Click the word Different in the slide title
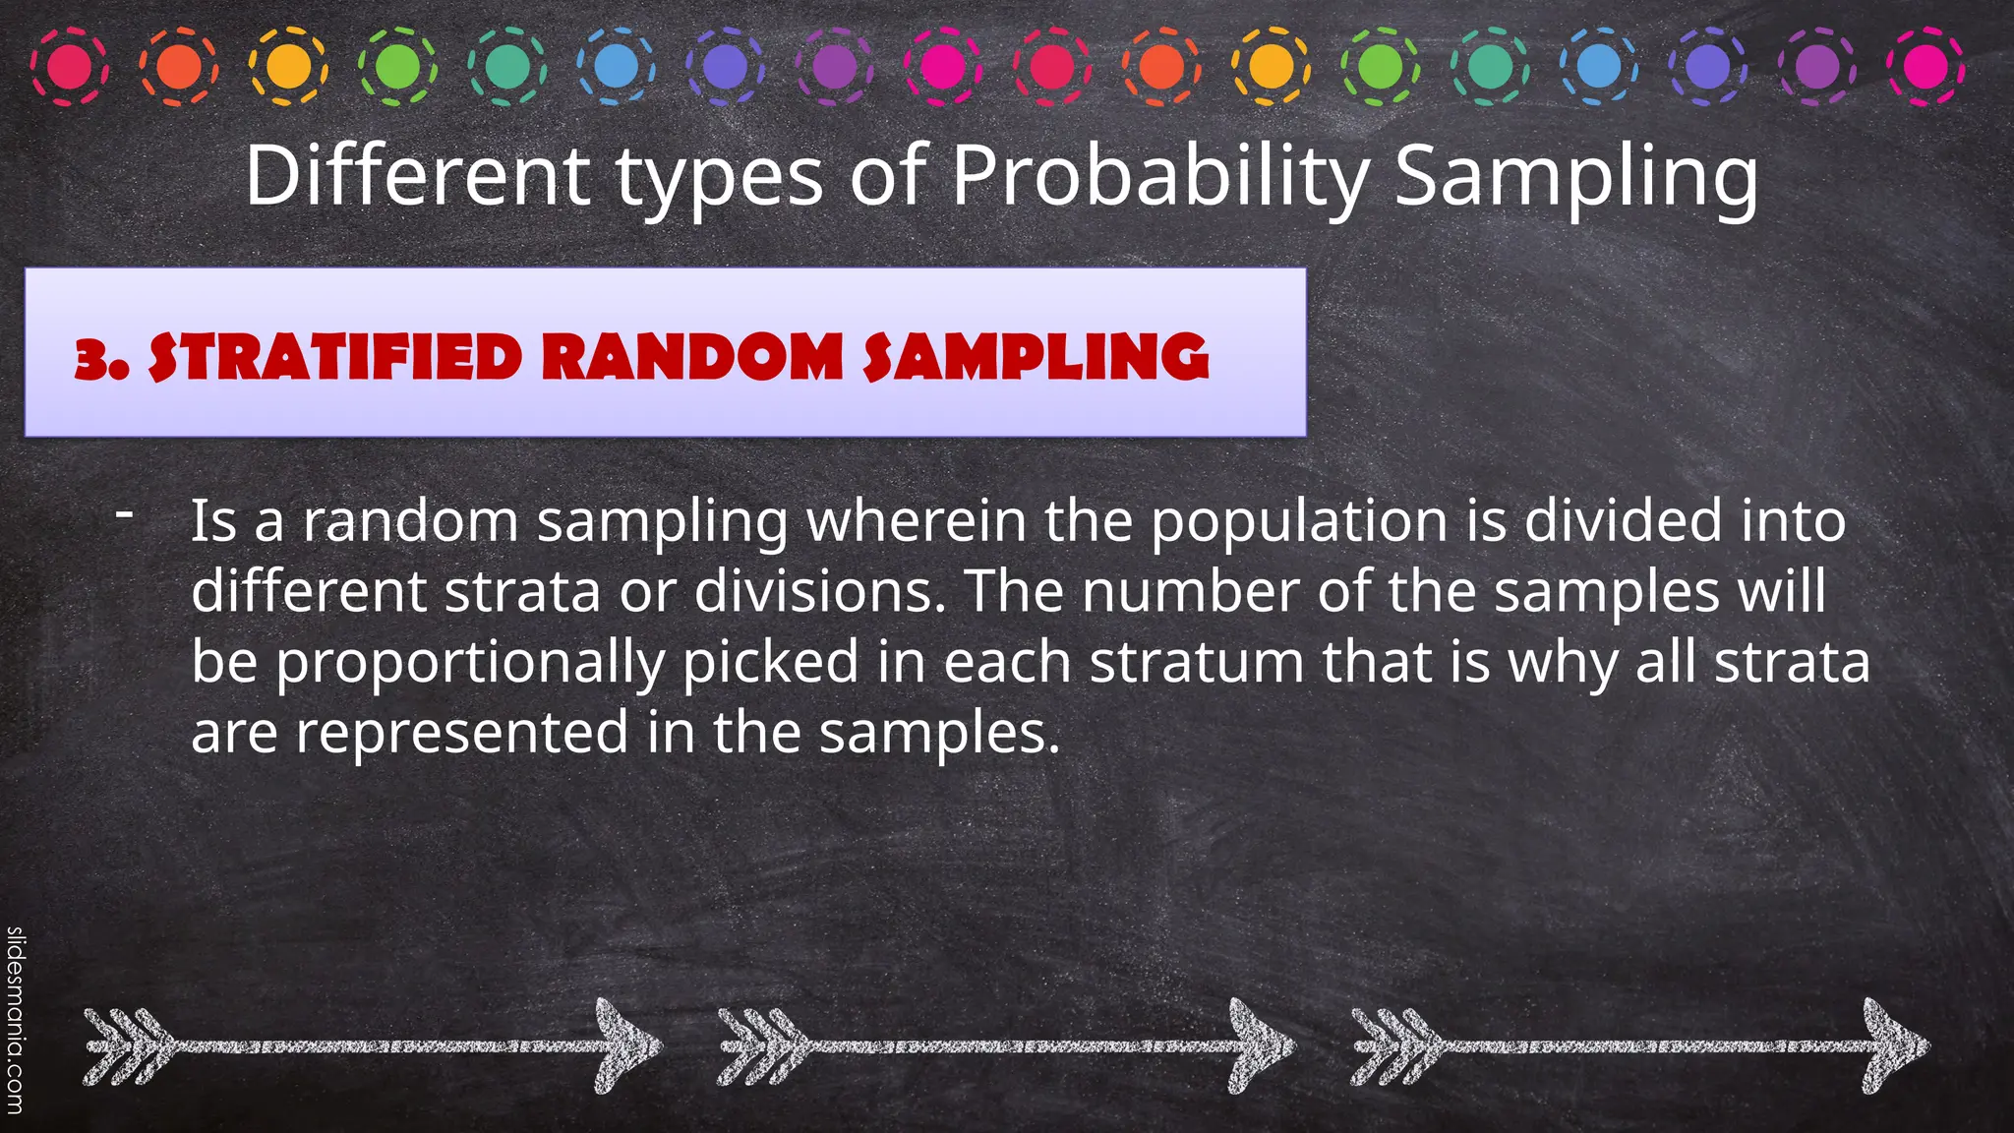click(417, 176)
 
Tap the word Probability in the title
click(1160, 176)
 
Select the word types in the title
click(719, 178)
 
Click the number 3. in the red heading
click(101, 358)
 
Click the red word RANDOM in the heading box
click(692, 357)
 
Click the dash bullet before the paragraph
click(124, 512)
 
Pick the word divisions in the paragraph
click(819, 591)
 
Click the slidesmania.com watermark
click(15, 1023)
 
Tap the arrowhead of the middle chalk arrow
click(1259, 1045)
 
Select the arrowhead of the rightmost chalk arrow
click(1893, 1045)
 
